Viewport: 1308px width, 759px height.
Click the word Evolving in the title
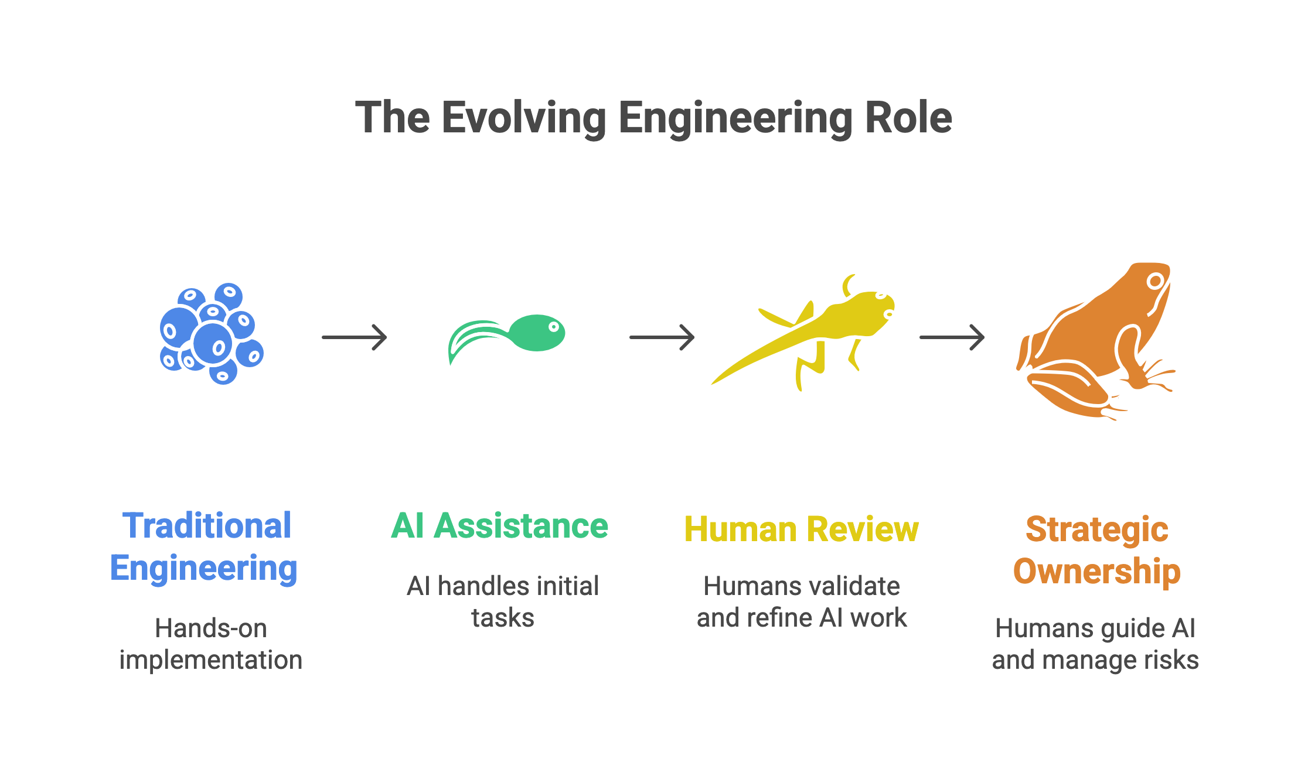click(x=524, y=118)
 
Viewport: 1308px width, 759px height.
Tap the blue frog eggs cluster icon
click(x=212, y=334)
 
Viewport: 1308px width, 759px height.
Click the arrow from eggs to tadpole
click(x=355, y=337)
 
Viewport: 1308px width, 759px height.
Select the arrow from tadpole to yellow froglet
click(x=662, y=337)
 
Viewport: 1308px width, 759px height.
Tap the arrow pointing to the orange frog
click(x=952, y=337)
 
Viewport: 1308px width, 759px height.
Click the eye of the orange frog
click(x=1155, y=281)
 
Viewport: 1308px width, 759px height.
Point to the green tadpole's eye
click(x=553, y=327)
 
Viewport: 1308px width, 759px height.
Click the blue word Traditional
click(x=207, y=525)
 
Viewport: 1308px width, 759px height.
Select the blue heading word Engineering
click(x=204, y=568)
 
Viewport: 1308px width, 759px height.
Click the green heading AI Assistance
click(x=500, y=525)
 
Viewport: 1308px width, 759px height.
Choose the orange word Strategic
click(x=1096, y=529)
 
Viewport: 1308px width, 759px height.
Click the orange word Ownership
click(x=1096, y=571)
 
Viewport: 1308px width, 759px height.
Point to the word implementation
click(x=211, y=660)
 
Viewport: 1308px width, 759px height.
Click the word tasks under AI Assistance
click(x=503, y=618)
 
